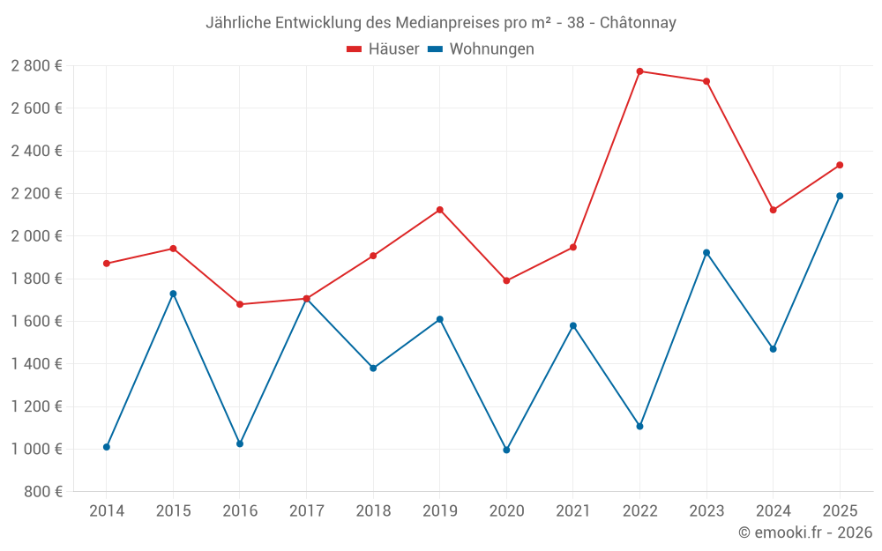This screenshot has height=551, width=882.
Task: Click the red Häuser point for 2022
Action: click(639, 71)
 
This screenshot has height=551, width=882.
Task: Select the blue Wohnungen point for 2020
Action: click(506, 450)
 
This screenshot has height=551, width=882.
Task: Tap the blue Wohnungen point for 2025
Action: click(840, 196)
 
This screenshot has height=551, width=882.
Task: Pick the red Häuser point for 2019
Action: click(439, 210)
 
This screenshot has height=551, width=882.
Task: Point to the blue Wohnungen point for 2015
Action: click(173, 294)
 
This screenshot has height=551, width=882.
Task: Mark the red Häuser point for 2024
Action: click(773, 210)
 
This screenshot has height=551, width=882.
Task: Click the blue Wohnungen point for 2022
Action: click(639, 426)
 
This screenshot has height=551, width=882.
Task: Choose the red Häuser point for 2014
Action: click(107, 264)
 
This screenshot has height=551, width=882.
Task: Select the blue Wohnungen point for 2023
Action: click(706, 252)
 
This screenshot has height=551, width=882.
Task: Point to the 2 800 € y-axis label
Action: click(36, 66)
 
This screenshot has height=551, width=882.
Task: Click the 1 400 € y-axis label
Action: click(36, 364)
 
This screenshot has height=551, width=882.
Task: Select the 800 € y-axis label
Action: click(41, 492)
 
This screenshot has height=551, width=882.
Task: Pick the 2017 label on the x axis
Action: click(306, 510)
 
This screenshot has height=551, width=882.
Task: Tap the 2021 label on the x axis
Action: click(572, 510)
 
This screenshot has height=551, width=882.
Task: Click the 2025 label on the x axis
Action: click(840, 510)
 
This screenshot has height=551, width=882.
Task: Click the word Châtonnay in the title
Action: click(638, 23)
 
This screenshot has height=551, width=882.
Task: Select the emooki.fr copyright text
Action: click(804, 532)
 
